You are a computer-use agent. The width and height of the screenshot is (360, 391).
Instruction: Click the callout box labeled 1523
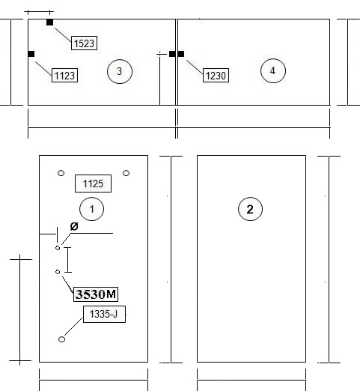[x=84, y=43]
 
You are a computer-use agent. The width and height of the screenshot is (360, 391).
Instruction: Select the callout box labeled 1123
[x=64, y=75]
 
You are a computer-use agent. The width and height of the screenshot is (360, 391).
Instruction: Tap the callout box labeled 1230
[x=216, y=75]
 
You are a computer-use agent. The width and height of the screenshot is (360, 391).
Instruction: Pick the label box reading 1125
[x=93, y=184]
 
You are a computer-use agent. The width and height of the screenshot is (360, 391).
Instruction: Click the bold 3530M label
[x=96, y=294]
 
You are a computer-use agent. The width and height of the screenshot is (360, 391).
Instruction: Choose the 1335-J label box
[x=104, y=314]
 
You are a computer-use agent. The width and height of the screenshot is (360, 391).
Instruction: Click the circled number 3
[x=120, y=71]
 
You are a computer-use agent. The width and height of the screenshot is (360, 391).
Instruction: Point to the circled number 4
[x=273, y=70]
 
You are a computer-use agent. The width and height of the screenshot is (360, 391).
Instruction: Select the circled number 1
[x=91, y=209]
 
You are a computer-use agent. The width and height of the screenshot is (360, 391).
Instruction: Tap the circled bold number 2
[x=250, y=209]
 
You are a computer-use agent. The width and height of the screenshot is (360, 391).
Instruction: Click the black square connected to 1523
[x=49, y=22]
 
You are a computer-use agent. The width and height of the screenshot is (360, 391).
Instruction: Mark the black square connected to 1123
[x=31, y=54]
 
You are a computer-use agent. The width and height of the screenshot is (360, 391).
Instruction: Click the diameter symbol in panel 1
[x=74, y=226]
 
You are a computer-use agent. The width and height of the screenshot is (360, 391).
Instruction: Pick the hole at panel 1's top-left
[x=61, y=173]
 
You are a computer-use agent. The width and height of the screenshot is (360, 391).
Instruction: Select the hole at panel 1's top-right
[x=126, y=173]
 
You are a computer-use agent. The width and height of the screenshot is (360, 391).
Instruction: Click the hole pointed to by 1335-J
[x=61, y=339]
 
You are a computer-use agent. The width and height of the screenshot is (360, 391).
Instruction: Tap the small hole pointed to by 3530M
[x=58, y=272]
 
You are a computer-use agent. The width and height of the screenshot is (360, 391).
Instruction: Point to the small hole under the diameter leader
[x=58, y=248]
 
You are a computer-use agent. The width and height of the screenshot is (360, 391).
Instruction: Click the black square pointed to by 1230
[x=181, y=54]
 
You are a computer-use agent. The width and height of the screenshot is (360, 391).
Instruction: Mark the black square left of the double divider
[x=172, y=54]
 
